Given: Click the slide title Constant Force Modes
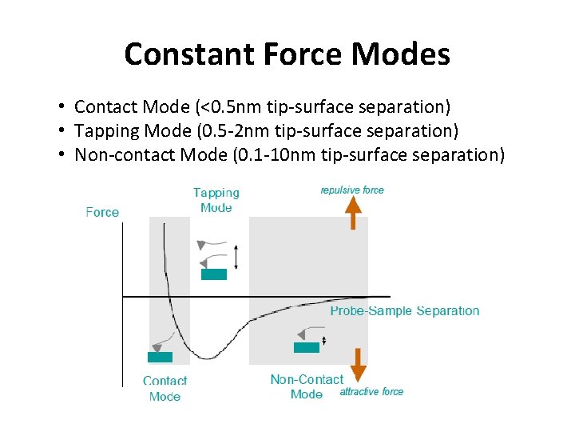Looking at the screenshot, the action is pyautogui.click(x=287, y=54).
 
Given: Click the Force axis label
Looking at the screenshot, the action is pyautogui.click(x=102, y=212).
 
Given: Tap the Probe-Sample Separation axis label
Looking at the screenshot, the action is pyautogui.click(x=405, y=311).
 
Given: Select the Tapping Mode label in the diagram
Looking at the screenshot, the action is pyautogui.click(x=216, y=200).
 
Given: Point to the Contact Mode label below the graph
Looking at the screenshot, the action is pyautogui.click(x=165, y=389).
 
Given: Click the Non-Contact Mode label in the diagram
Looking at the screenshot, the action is pyautogui.click(x=307, y=386).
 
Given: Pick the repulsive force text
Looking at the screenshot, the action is pyautogui.click(x=352, y=190).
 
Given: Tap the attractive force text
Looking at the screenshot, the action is pyautogui.click(x=371, y=392).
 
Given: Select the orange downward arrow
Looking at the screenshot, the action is pyautogui.click(x=359, y=364).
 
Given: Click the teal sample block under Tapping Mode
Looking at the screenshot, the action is pyautogui.click(x=213, y=274).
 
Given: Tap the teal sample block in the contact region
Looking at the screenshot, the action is pyautogui.click(x=160, y=358).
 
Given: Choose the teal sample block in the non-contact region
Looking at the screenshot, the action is pyautogui.click(x=306, y=347).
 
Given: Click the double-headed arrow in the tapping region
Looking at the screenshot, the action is pyautogui.click(x=236, y=256).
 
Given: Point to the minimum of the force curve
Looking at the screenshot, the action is pyautogui.click(x=206, y=358).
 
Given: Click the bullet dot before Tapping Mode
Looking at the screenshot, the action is pyautogui.click(x=61, y=131).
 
